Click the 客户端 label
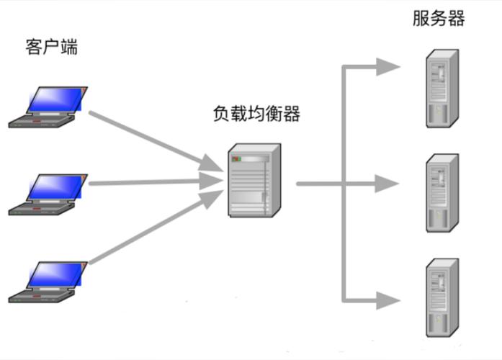click(51, 48)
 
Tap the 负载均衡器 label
click(256, 114)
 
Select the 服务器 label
click(439, 18)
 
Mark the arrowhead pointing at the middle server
click(387, 184)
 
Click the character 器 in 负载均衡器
click(291, 114)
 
